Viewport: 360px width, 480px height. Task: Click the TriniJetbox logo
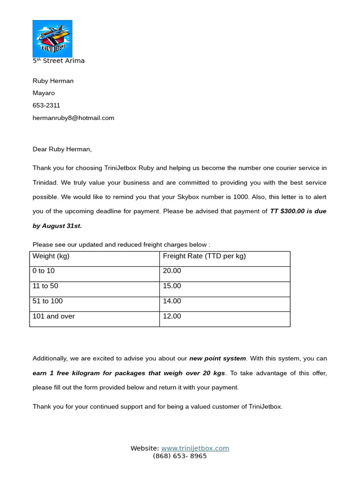pyautogui.click(x=52, y=38)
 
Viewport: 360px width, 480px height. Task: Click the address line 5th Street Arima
pyautogui.click(x=59, y=61)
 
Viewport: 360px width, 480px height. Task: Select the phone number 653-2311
pyautogui.click(x=46, y=105)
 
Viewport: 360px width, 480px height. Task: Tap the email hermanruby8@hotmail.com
pyautogui.click(x=73, y=118)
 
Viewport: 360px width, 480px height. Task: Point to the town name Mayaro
pyautogui.click(x=44, y=93)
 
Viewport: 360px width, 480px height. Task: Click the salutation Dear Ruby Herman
pyautogui.click(x=62, y=150)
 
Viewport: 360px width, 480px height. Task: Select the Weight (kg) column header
pyautogui.click(x=51, y=256)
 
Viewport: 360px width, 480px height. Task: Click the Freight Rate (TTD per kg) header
pyautogui.click(x=204, y=256)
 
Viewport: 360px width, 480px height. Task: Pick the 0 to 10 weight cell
pyautogui.click(x=44, y=271)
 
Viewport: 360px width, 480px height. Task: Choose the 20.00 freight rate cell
pyautogui.click(x=172, y=271)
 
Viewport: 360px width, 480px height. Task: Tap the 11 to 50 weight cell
pyautogui.click(x=45, y=286)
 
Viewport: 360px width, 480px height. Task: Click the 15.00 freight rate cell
pyautogui.click(x=172, y=286)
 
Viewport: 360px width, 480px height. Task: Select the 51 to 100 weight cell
pyautogui.click(x=47, y=301)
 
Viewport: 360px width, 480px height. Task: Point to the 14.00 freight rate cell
pyautogui.click(x=172, y=301)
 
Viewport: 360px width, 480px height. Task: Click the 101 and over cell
pyautogui.click(x=53, y=316)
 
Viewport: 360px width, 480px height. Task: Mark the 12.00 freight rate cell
pyautogui.click(x=172, y=316)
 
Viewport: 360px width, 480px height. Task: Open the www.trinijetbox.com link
pyautogui.click(x=195, y=449)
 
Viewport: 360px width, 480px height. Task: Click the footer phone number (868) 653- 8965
pyautogui.click(x=180, y=456)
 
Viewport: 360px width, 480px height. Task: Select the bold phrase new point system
pyautogui.click(x=217, y=359)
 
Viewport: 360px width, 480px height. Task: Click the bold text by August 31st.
pyautogui.click(x=57, y=226)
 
